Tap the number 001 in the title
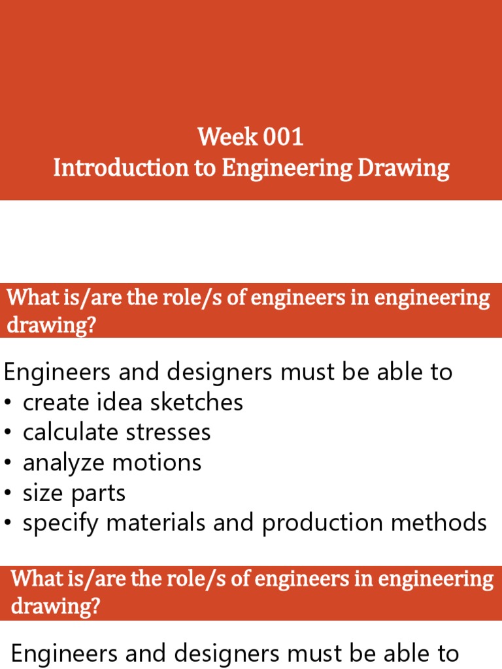(284, 138)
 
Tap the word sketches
(197, 402)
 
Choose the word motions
(156, 463)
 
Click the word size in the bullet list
(42, 493)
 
